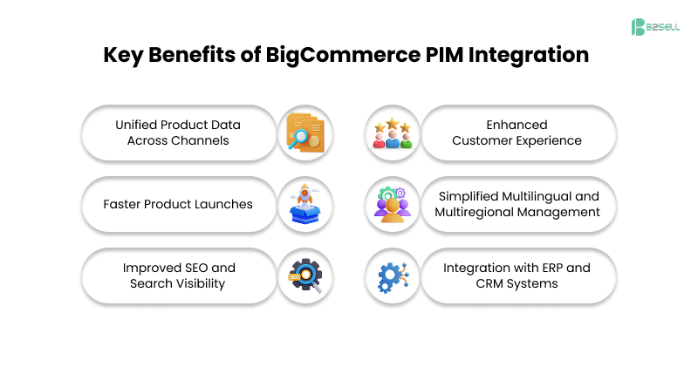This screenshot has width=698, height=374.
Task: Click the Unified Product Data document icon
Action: [x=305, y=133]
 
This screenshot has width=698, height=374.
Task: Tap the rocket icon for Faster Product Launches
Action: [x=305, y=205]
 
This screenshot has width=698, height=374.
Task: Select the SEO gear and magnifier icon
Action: [x=305, y=276]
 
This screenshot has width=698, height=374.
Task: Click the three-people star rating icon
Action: [x=393, y=133]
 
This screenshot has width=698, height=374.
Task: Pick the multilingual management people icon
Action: [x=393, y=205]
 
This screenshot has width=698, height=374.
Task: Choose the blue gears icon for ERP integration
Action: [x=393, y=276]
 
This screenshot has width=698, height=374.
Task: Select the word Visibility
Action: [x=201, y=283]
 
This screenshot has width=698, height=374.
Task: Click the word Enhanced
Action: [x=517, y=126]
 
